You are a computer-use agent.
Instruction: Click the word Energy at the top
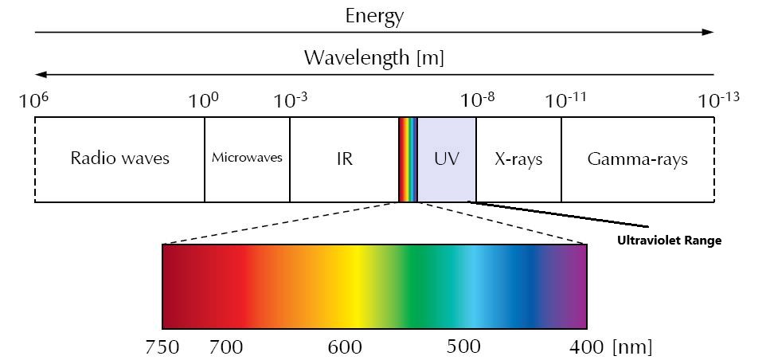coord(374,16)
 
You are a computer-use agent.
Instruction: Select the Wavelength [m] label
coord(373,58)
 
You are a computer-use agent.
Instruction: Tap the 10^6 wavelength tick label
coord(34,101)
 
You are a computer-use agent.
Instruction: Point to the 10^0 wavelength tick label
coord(203,101)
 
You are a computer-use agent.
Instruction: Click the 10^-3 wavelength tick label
coord(290,101)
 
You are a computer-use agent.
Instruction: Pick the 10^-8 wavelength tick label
coord(477,101)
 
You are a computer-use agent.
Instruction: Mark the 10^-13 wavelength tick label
coord(718,101)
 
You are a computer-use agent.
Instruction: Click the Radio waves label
coord(119,158)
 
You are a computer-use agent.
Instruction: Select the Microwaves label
coord(247,158)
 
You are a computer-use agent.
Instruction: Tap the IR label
coord(344,158)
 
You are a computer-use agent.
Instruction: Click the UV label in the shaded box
coord(447,158)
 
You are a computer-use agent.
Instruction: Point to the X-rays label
coord(518,158)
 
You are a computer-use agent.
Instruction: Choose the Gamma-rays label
coord(637,158)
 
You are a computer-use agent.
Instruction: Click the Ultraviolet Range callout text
coord(669,241)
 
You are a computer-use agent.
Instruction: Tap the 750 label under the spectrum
coord(162,347)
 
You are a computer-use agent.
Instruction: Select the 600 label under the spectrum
coord(345,347)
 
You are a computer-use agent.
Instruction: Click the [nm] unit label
coord(632,347)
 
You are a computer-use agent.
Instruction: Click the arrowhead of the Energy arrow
coord(709,33)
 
